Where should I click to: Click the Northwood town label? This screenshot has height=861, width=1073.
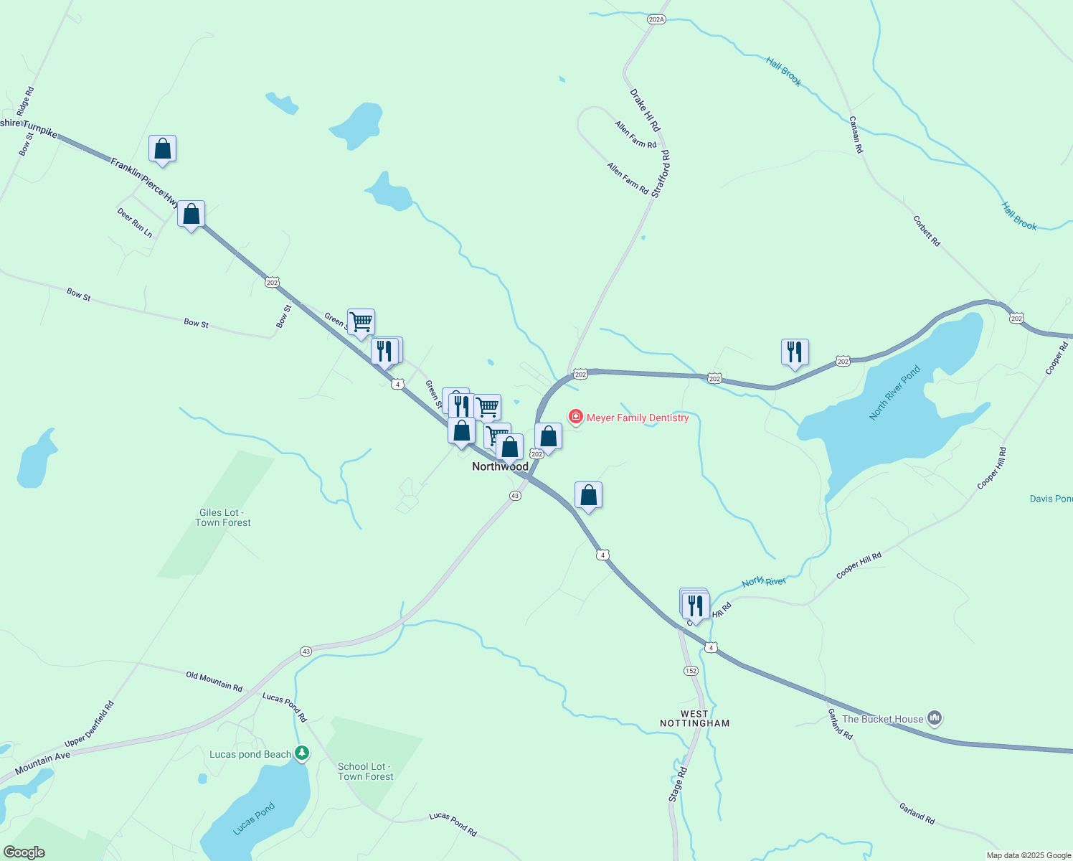[500, 466]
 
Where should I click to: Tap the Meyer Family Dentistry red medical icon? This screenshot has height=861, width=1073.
[575, 417]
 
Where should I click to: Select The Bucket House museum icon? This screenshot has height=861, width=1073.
[934, 717]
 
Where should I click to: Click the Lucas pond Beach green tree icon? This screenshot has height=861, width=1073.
[302, 753]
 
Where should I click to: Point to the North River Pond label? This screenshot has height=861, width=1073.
[894, 393]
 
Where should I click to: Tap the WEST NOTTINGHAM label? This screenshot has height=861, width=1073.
[694, 718]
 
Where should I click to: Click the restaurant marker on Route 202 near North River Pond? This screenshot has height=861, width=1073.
[795, 352]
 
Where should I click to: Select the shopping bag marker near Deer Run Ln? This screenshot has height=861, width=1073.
[191, 214]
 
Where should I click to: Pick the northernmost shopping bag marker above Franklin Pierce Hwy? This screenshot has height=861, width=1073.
[163, 149]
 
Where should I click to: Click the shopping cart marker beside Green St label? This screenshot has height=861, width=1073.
[361, 322]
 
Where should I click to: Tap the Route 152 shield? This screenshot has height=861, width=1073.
[690, 671]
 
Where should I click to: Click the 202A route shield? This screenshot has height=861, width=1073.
[656, 19]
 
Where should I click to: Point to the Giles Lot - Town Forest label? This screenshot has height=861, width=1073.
[222, 517]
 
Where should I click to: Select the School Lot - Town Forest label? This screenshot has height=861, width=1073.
[365, 771]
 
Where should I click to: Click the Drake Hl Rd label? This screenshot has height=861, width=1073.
[645, 110]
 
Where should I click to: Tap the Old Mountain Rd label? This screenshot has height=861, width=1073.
[214, 681]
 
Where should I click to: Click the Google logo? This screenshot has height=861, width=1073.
[24, 852]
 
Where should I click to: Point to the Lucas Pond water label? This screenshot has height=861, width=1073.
[254, 819]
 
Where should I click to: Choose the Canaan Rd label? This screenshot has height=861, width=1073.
[856, 135]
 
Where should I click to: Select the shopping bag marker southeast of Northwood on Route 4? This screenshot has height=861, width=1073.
[588, 495]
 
